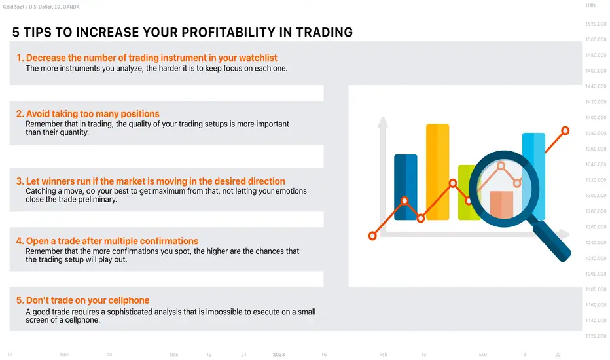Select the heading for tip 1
tap(147, 58)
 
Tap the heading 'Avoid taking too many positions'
tap(88, 114)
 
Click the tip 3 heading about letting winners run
tap(151, 181)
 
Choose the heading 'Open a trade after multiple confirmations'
tap(107, 241)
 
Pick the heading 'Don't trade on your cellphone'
tap(82, 300)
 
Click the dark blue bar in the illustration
tap(406, 187)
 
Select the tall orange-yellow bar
tap(438, 171)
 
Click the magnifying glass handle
tap(551, 240)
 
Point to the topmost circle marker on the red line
tap(565, 131)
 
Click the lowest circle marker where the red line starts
tap(372, 236)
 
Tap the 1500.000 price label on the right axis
tap(596, 39)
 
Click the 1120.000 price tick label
tap(596, 336)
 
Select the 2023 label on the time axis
tap(279, 355)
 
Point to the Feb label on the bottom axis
tap(383, 355)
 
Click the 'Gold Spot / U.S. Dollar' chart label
tap(27, 7)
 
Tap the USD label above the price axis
tap(590, 5)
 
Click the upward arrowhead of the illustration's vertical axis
tap(383, 122)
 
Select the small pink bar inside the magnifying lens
tap(501, 204)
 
